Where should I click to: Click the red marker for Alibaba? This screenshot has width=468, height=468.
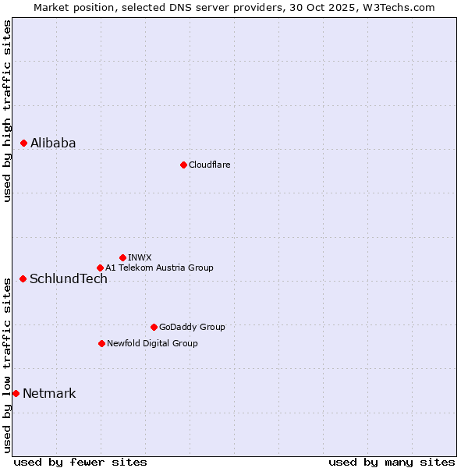pos(23,143)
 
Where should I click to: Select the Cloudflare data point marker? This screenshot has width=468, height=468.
pos(183,165)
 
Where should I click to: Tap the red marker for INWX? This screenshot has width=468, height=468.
pos(122,257)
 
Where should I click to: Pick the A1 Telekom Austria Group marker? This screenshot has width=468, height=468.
pos(100,268)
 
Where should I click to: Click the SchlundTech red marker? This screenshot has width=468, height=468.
pos(23,278)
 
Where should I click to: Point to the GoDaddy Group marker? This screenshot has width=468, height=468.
pos(154,327)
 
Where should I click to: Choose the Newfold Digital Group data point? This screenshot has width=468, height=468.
pos(101,343)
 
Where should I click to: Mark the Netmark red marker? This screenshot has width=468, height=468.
pos(16,393)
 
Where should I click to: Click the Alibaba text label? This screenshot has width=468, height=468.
pos(53,143)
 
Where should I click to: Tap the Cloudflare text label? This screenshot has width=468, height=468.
pos(209,165)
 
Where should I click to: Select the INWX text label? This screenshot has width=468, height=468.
pos(140,257)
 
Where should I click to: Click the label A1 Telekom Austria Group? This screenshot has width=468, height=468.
pos(159,268)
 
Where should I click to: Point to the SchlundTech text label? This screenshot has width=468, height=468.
pos(69,279)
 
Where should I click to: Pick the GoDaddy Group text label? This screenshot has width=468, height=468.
pos(192,327)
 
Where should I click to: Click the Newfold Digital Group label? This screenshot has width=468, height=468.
pos(152,343)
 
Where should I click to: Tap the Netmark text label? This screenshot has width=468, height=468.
pos(49,393)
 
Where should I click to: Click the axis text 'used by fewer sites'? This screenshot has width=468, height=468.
pos(80,462)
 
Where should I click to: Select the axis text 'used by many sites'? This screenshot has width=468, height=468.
pos(392,462)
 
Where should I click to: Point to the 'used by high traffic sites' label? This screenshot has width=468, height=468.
pos(7,111)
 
